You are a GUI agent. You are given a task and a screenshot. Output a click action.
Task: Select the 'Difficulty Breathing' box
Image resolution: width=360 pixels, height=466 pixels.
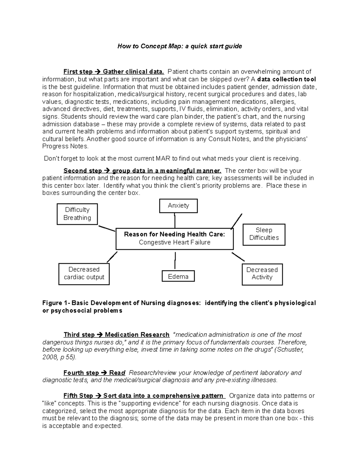[77, 214]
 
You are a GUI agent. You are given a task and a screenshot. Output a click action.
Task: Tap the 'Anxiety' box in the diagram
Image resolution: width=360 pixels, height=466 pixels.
[178, 206]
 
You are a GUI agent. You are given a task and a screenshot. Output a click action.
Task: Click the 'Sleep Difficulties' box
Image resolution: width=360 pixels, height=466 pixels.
[264, 234]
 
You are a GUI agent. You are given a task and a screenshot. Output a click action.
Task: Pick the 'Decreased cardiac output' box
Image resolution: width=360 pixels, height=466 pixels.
[84, 273]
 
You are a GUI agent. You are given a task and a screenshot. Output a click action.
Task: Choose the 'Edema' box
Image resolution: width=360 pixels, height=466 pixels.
[178, 276]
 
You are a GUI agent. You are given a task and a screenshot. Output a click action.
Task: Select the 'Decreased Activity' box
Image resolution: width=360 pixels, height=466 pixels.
[262, 274]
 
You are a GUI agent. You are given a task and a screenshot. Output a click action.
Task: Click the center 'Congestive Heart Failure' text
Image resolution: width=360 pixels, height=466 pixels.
[174, 242]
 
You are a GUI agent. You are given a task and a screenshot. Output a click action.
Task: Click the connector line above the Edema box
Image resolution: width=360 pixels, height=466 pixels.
[175, 260]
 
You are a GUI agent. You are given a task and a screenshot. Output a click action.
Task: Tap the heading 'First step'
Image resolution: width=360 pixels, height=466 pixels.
[78, 72]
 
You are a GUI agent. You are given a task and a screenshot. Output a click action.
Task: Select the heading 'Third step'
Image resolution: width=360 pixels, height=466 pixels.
[79, 335]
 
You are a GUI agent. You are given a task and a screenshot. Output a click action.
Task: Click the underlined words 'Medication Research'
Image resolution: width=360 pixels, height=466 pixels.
[137, 335]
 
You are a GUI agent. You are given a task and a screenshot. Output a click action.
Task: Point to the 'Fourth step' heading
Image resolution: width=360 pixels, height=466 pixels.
[81, 373]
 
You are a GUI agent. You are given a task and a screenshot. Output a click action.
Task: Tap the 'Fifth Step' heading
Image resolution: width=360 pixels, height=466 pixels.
[78, 396]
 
